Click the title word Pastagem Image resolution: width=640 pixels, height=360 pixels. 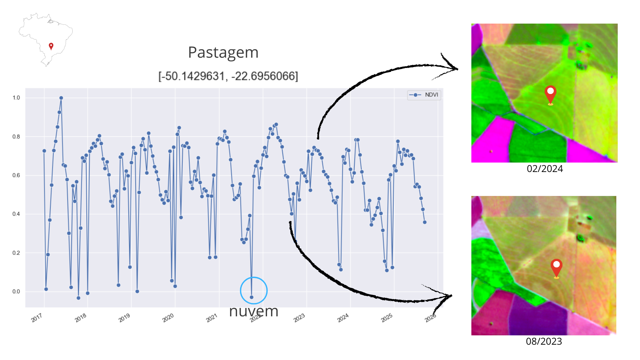point(223,53)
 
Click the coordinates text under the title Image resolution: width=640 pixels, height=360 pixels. point(228,76)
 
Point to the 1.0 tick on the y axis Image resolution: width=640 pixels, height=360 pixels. point(16,98)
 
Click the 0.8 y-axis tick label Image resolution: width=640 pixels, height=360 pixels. point(16,137)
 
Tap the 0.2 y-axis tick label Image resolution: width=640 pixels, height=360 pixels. point(16,253)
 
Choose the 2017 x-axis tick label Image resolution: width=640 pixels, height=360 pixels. point(37,318)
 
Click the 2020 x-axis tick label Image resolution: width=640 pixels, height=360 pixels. point(168,318)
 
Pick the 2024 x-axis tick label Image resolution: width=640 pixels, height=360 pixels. point(343,318)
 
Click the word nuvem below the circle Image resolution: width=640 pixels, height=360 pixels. point(254,311)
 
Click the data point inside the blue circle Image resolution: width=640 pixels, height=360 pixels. point(252,297)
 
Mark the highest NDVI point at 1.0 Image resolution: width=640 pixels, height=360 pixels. point(61,98)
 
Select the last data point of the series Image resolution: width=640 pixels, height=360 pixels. point(425,222)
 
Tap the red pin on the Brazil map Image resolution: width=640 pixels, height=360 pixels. point(51,46)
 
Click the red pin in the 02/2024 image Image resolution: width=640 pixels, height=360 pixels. point(550,94)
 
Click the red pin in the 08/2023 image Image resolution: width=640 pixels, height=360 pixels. point(556,268)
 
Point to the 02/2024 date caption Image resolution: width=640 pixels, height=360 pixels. point(545,169)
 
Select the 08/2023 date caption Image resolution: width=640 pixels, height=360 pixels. point(544,341)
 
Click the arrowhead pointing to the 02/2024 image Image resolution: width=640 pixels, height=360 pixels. point(455,68)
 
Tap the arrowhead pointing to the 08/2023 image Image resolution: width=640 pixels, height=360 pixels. point(448,296)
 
